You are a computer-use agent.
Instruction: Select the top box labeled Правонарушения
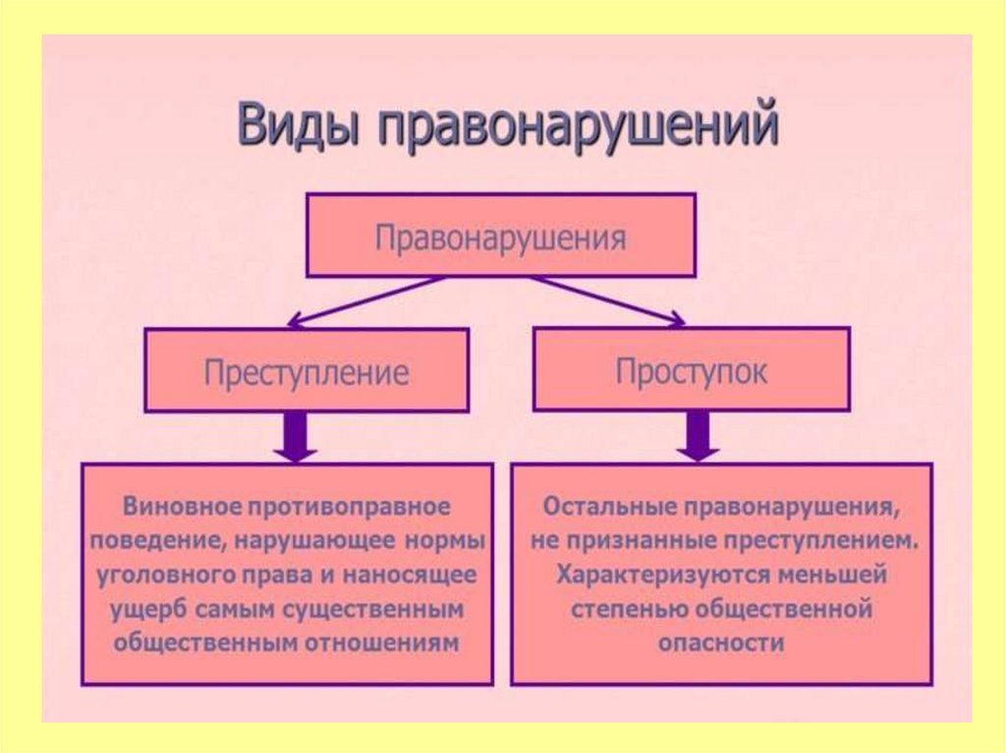coord(501,235)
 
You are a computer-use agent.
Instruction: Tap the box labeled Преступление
coord(307,370)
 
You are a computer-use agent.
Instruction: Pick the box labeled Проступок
coord(692,368)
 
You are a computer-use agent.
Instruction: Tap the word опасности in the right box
coord(722,643)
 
